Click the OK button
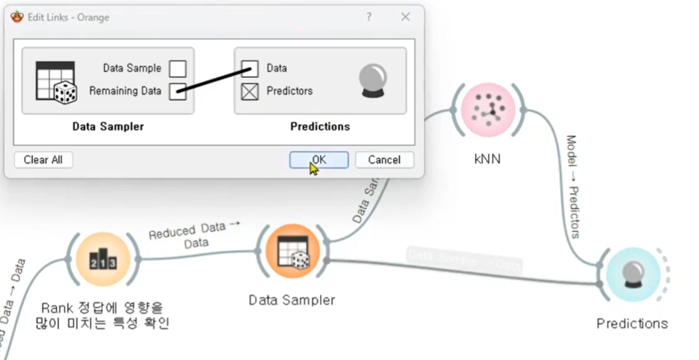click(318, 160)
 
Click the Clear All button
click(43, 160)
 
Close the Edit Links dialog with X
click(405, 17)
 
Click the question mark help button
click(369, 17)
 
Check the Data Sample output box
click(178, 68)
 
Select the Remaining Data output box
click(178, 91)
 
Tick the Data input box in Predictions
click(250, 68)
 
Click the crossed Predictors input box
click(250, 91)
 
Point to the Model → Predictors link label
click(572, 186)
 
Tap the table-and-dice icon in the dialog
click(56, 82)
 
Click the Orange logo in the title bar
click(17, 17)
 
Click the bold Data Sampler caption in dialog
click(108, 127)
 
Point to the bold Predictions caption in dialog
click(320, 127)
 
